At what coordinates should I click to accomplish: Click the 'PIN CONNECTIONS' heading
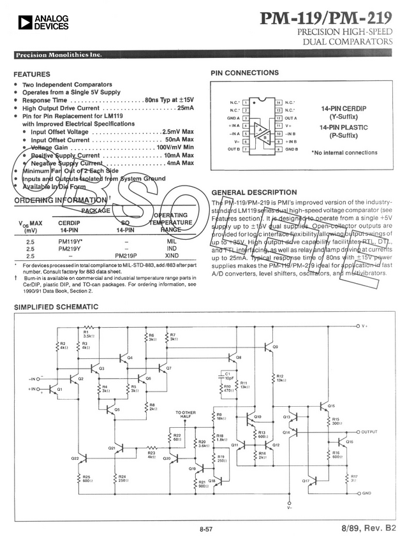[x=244, y=73]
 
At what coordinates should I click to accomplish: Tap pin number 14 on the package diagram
[x=278, y=102]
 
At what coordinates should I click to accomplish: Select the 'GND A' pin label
[x=233, y=118]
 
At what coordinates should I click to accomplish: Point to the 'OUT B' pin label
[x=233, y=149]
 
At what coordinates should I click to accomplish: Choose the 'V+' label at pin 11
[x=288, y=126]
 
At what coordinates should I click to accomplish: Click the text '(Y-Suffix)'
[x=343, y=117]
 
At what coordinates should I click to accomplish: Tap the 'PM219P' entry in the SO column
[x=126, y=255]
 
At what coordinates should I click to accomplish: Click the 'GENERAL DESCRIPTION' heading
[x=253, y=192]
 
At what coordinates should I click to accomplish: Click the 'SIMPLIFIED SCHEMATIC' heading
[x=56, y=308]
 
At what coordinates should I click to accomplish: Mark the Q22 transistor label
[x=75, y=458]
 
